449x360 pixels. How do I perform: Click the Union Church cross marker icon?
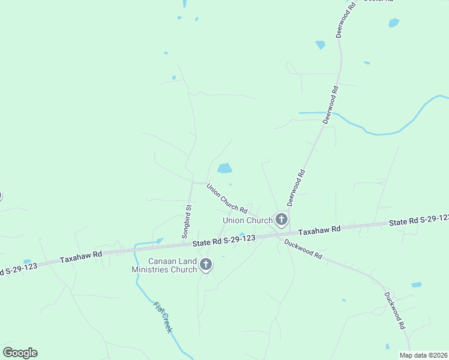[281, 219]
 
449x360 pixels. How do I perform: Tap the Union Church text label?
[247, 221]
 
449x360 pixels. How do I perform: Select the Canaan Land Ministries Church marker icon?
[206, 264]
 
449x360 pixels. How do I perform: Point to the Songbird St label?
[187, 222]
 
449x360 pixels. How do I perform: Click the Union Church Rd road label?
[227, 199]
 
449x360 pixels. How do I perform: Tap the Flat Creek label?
[163, 317]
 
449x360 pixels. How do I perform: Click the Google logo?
[20, 353]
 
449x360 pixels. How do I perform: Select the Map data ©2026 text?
[423, 355]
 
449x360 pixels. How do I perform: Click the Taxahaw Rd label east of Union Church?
[319, 230]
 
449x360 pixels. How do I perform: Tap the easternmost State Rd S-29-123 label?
[418, 220]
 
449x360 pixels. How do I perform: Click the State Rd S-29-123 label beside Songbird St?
[224, 241]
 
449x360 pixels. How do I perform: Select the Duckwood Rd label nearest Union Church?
[303, 249]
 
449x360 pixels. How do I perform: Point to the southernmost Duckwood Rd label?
[394, 310]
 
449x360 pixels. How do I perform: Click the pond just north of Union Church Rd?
[224, 169]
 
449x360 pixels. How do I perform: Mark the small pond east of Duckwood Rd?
[416, 284]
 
